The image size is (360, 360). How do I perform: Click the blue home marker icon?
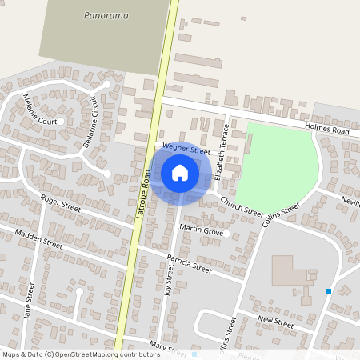(x=180, y=173)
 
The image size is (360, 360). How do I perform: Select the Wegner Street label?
(x=186, y=149)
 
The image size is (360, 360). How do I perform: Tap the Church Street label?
(x=242, y=207)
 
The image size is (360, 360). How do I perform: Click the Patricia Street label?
(x=189, y=264)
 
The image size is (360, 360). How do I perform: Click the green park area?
(x=277, y=163)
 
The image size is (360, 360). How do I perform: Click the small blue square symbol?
(x=328, y=291)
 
